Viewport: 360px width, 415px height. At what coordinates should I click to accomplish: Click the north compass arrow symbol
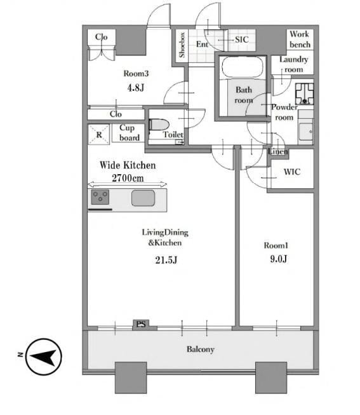click(44, 357)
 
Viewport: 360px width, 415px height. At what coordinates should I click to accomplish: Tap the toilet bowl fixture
click(159, 125)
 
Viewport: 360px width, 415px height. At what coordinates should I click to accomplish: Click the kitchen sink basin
click(143, 198)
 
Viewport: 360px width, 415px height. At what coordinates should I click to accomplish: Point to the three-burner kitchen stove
click(100, 197)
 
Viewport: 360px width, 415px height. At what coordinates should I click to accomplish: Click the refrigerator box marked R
click(98, 135)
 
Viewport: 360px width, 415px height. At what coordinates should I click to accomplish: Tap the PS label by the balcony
click(141, 324)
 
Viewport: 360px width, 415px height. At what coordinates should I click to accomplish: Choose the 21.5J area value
click(166, 260)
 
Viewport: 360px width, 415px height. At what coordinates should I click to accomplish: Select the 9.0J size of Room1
click(279, 259)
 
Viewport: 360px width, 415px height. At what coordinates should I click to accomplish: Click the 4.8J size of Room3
click(136, 88)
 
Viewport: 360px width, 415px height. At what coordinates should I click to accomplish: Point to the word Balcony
click(201, 350)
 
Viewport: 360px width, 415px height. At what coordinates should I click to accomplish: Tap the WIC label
click(292, 172)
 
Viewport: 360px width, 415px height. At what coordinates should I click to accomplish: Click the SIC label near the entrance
click(242, 39)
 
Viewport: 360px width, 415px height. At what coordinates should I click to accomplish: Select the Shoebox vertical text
click(182, 45)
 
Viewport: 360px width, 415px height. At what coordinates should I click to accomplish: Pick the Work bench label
click(300, 39)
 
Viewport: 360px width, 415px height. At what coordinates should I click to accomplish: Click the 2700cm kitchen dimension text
click(128, 178)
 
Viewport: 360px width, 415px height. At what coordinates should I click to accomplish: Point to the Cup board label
click(130, 133)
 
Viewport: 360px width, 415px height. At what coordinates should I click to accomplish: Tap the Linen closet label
click(277, 152)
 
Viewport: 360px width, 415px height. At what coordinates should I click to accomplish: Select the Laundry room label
click(293, 64)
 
